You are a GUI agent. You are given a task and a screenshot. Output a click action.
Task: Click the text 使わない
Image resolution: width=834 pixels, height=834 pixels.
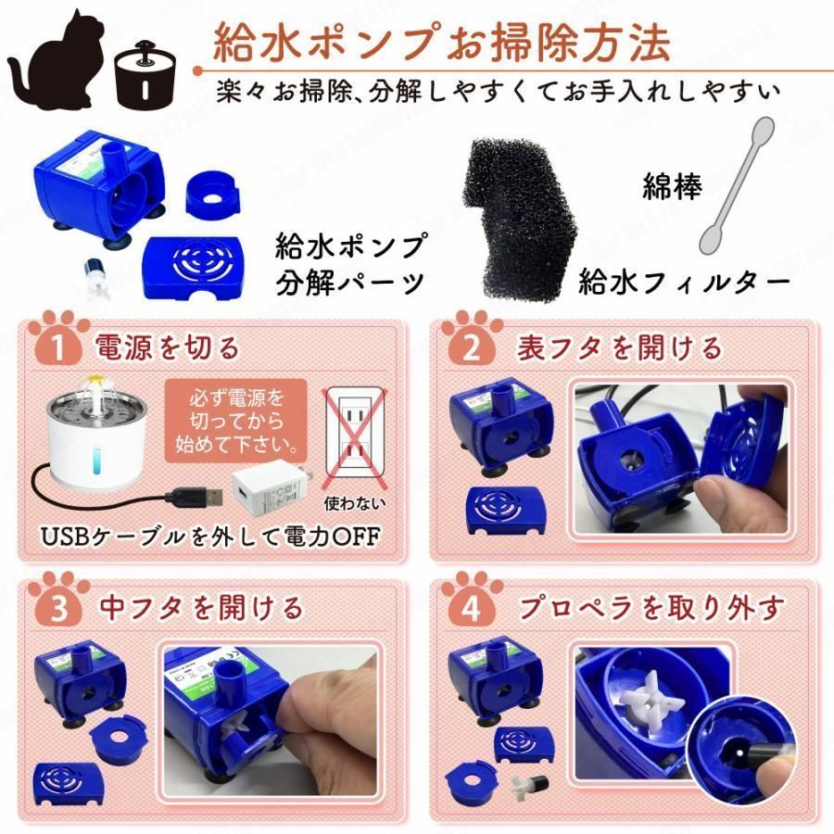[x=355, y=505]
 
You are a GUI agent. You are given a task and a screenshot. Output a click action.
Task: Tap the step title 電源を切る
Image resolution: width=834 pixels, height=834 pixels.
[x=167, y=347]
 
